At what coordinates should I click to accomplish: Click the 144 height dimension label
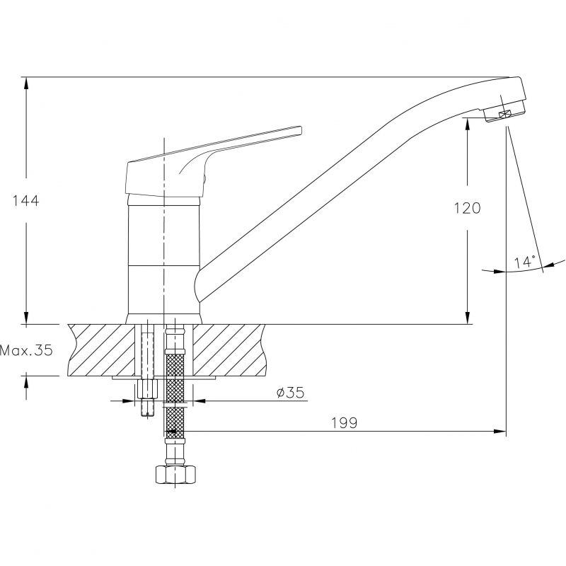click(x=25, y=200)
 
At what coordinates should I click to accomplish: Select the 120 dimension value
click(x=467, y=208)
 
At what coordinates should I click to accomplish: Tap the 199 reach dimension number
click(x=345, y=422)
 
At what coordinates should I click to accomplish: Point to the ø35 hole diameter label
click(x=291, y=393)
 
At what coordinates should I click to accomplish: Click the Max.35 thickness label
click(x=26, y=350)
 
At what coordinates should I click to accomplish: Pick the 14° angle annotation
click(x=525, y=261)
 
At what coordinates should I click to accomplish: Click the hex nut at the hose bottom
click(x=175, y=474)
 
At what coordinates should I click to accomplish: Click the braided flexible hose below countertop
click(x=175, y=393)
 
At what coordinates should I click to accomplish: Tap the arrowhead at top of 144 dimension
click(x=26, y=83)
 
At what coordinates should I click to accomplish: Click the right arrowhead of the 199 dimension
click(x=499, y=431)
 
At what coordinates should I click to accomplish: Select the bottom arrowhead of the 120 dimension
click(x=468, y=318)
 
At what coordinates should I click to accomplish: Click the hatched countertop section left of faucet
click(x=101, y=350)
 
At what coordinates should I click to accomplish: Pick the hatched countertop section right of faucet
click(x=229, y=350)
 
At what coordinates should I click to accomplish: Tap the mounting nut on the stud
click(x=148, y=390)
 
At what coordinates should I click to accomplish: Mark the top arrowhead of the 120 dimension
click(x=468, y=125)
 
